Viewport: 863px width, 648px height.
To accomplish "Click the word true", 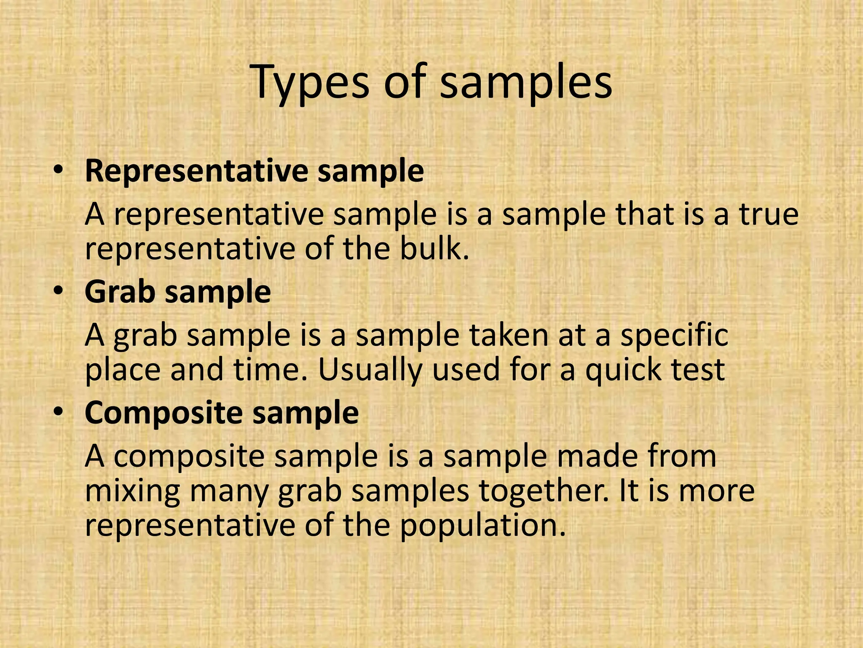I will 768,214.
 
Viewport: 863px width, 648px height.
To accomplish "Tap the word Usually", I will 370,370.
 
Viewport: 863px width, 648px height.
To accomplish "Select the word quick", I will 624,370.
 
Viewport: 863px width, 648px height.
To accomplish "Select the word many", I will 229,492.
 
